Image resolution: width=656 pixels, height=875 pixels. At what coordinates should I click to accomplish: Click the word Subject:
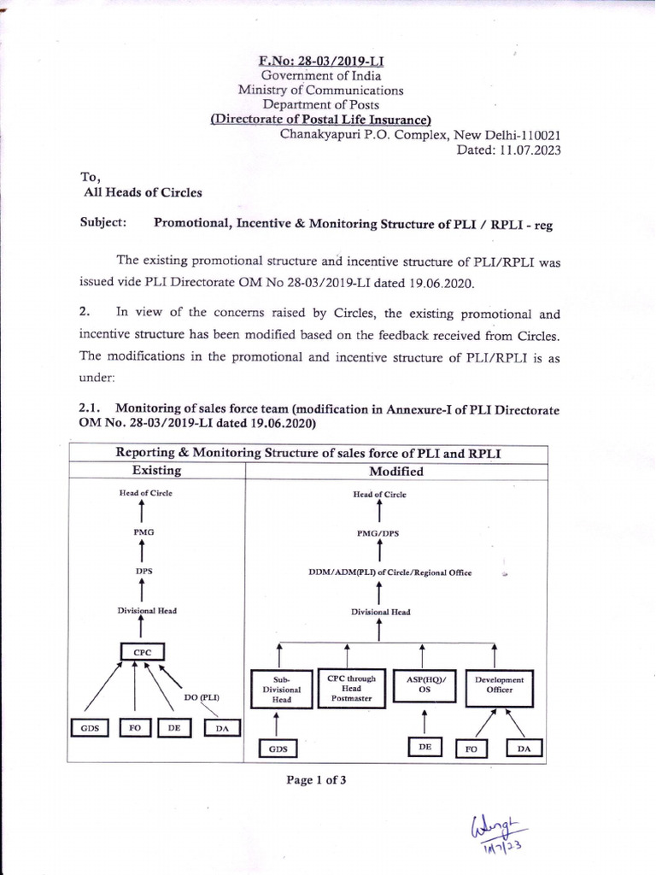pos(103,222)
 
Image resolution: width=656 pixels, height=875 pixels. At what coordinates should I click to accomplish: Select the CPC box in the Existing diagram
pos(142,652)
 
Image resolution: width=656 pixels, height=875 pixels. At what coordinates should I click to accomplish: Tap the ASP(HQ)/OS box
pos(421,685)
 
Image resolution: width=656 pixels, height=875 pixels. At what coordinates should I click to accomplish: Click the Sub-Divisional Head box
pos(282,688)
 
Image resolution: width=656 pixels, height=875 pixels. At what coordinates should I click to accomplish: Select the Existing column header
pos(156,471)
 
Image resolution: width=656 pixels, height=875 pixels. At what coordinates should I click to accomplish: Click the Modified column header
pos(396,471)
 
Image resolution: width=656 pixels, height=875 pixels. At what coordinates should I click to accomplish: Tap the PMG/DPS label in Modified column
pos(378,533)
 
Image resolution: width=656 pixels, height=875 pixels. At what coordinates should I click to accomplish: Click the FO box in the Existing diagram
pos(134,728)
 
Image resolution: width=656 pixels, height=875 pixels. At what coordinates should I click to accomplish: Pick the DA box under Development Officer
pos(523,749)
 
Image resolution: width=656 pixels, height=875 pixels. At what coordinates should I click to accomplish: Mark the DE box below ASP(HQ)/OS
pos(424,747)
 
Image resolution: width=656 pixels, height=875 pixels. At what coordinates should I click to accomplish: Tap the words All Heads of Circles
pos(143,192)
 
